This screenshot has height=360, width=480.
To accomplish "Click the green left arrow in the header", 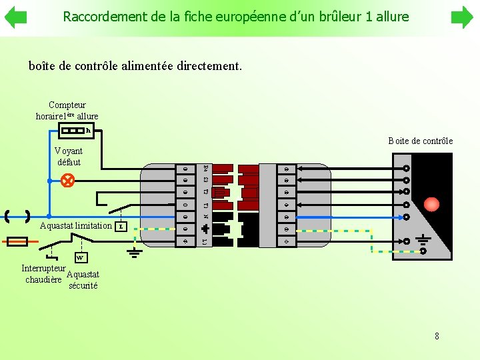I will pos(15,17).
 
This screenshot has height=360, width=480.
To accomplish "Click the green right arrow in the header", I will pos(462,17).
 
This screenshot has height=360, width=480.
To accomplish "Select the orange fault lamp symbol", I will pos(67,180).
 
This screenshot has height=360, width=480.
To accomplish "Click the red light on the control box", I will pos(432,204).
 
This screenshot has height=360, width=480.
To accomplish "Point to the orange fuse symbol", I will pos(17,241).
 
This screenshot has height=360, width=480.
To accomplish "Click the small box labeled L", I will pos(121,227).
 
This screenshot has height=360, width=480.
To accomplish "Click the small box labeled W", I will pos(80,257).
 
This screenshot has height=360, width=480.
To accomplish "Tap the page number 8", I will pos(437,336).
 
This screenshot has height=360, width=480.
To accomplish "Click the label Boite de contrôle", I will pos(420,141).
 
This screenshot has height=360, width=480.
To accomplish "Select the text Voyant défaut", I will pos(69,157).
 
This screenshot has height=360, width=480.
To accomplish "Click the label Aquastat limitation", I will pos(76,226).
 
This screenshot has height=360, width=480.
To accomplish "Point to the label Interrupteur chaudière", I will pos(43,274).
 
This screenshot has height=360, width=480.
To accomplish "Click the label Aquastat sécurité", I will pos(83,280).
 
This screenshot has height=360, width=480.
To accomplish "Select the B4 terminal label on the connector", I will pos(205,167).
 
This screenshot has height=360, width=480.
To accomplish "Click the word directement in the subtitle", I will pos(209,67).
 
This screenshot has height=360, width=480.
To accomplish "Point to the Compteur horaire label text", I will pos(67,110).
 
